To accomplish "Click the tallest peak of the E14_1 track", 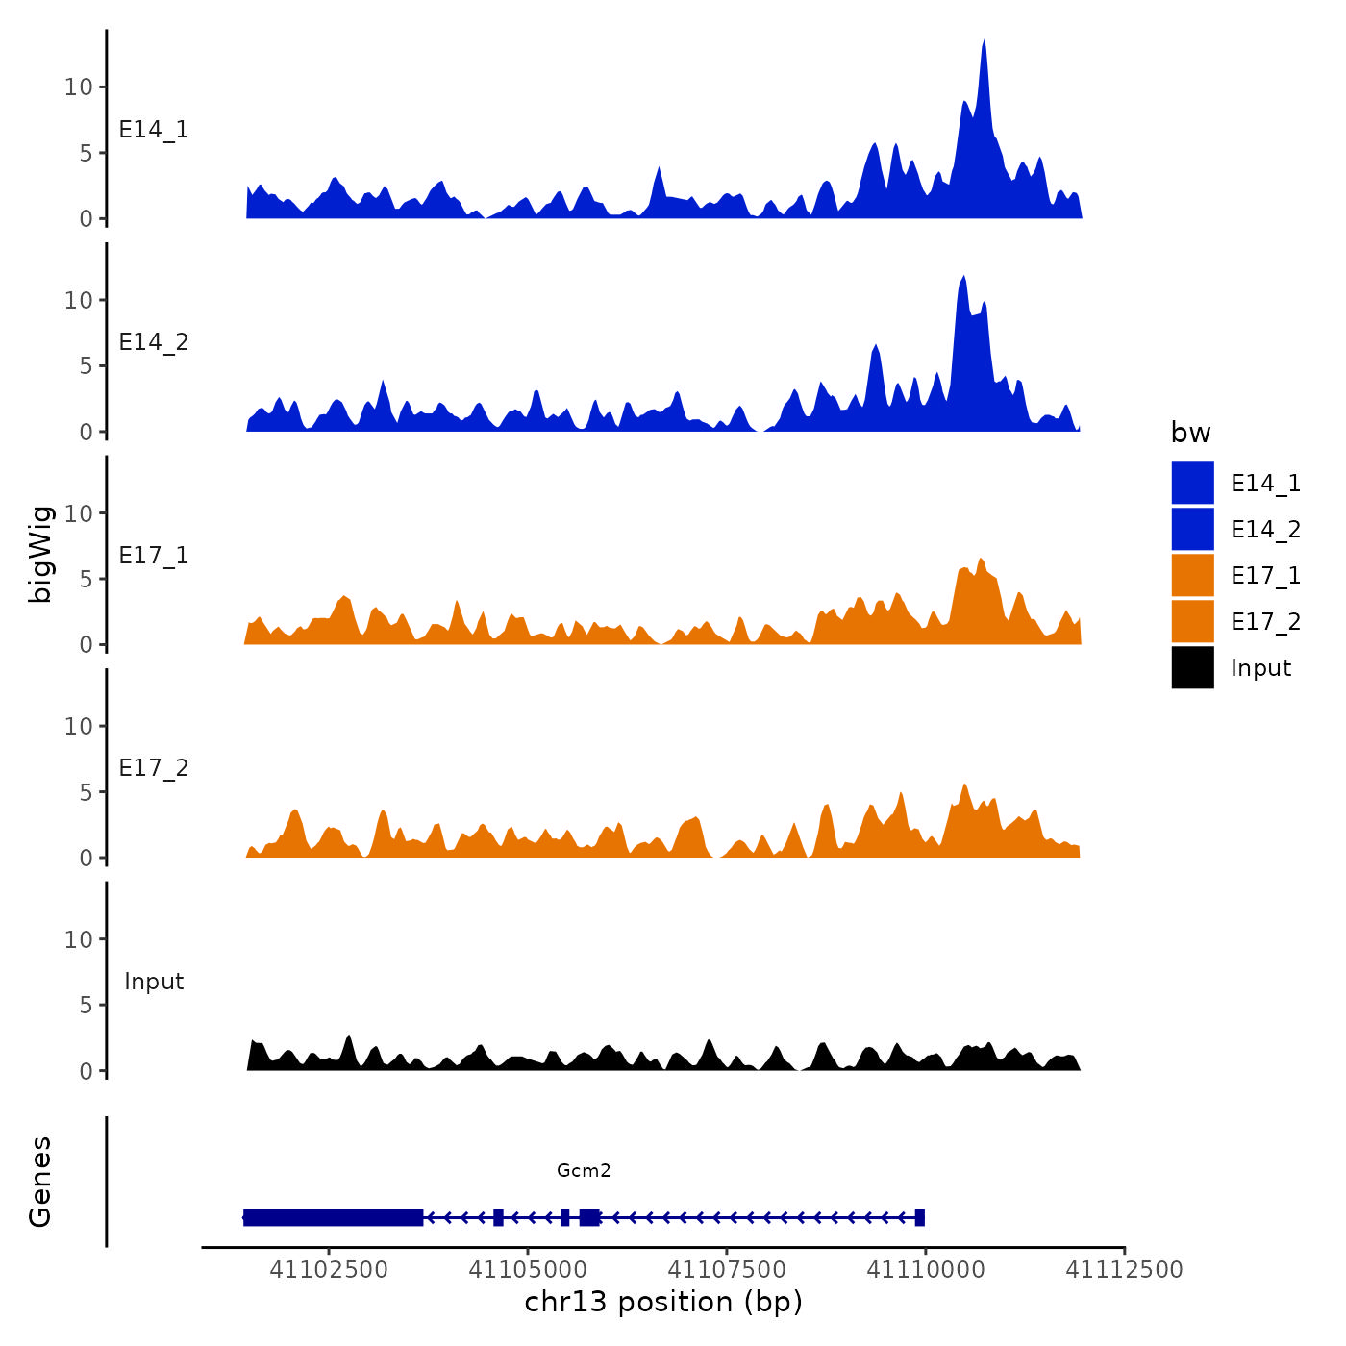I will [x=984, y=43].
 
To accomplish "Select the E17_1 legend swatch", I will [x=1192, y=575].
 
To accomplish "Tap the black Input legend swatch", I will [x=1192, y=667].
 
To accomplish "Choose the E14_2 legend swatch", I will [x=1192, y=529].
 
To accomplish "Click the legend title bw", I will [x=1190, y=433].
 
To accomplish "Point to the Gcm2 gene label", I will [x=584, y=1170].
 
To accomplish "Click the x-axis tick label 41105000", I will [x=528, y=1269].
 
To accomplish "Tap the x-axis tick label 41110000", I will [x=926, y=1269].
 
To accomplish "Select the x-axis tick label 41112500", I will [x=1125, y=1269].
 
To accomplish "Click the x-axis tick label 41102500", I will [x=329, y=1269].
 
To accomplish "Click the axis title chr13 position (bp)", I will [x=663, y=1302].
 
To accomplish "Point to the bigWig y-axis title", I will [x=40, y=554].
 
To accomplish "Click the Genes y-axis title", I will [x=40, y=1182].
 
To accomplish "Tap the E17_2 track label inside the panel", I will [x=154, y=768].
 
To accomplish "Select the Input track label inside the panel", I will [x=154, y=982].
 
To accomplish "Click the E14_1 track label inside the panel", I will [x=154, y=130].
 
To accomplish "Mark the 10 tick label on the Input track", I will [x=79, y=939].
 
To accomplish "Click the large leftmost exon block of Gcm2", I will [x=333, y=1217].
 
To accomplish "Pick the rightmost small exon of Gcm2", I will [x=920, y=1217].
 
